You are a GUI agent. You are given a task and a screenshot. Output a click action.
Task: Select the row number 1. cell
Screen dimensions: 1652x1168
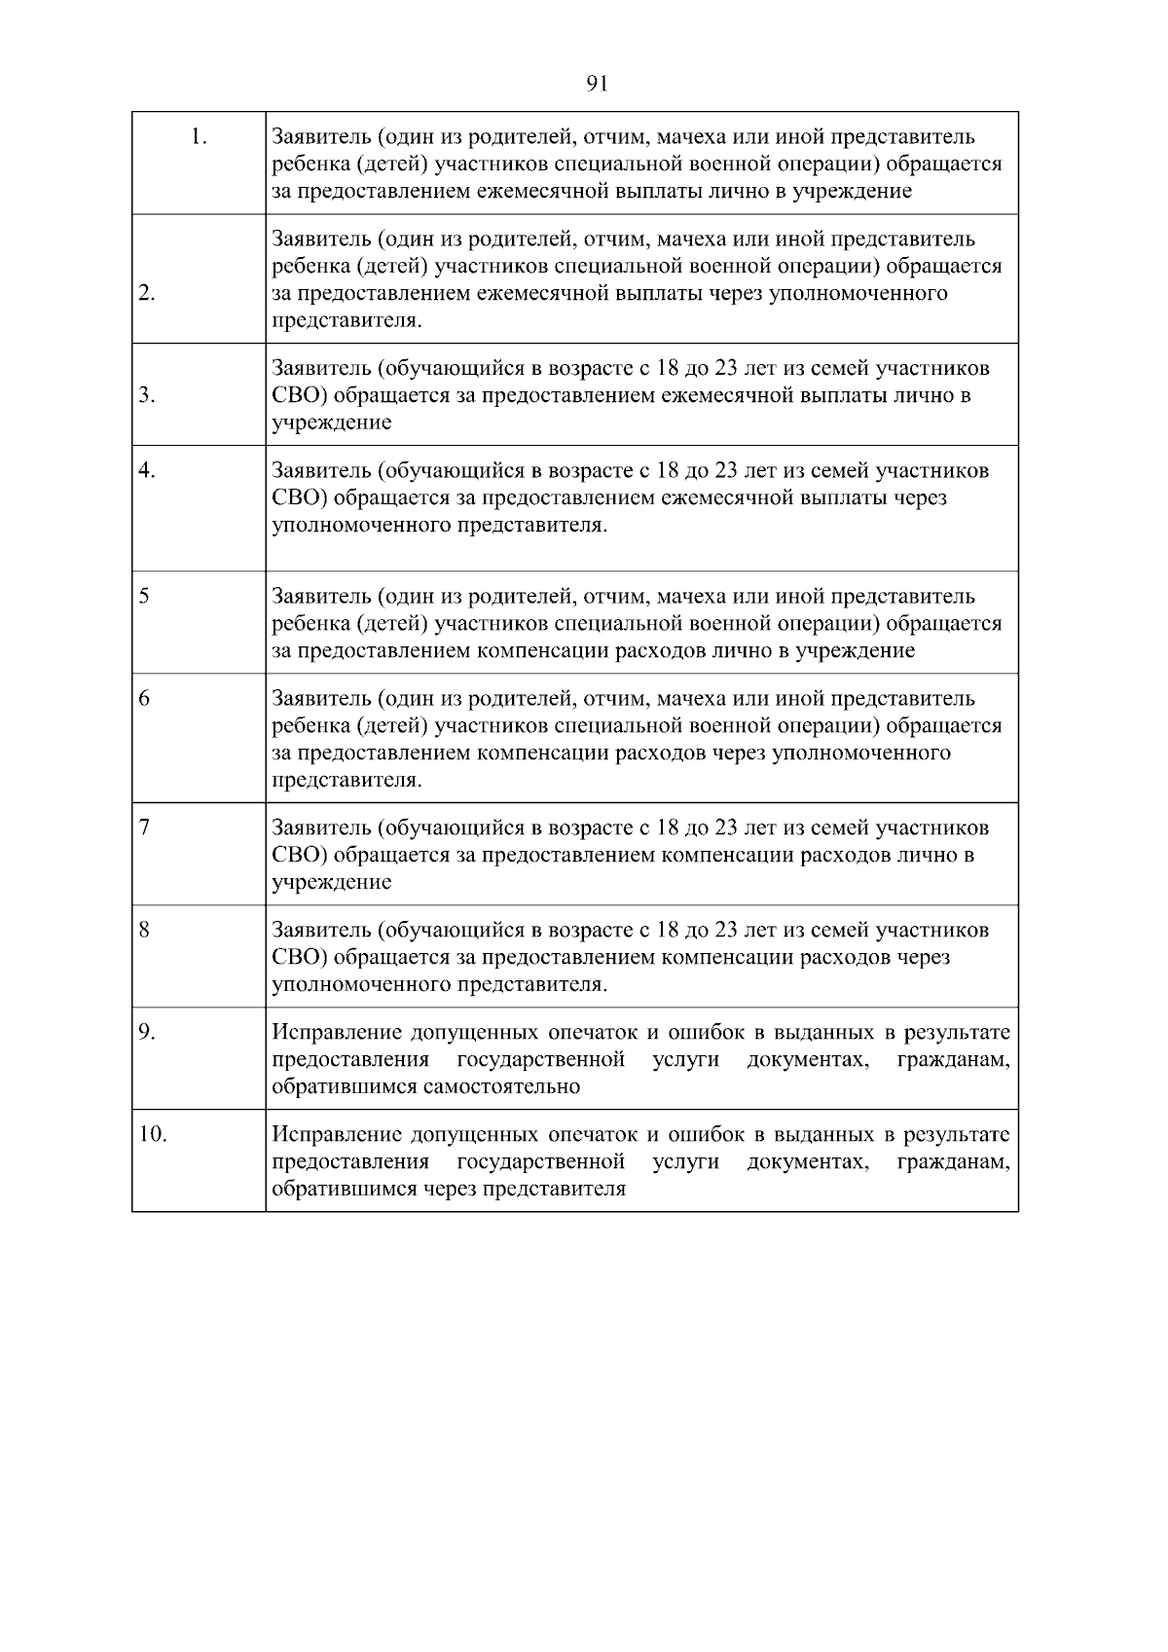(199, 137)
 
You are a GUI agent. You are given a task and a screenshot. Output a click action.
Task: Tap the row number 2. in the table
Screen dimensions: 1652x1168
(147, 294)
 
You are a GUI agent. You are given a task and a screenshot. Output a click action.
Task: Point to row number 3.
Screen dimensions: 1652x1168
(147, 395)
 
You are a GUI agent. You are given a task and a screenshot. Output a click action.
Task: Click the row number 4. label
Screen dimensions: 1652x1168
(147, 471)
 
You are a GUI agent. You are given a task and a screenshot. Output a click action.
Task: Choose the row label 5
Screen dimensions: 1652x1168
(144, 597)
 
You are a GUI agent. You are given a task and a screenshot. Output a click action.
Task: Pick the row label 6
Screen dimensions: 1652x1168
(144, 699)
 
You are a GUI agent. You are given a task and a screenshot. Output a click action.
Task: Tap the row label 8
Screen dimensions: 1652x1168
(144, 931)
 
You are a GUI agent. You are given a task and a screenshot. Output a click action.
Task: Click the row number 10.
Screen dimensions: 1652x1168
(153, 1135)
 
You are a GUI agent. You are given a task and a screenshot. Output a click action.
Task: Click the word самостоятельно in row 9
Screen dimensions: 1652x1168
(501, 1087)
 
